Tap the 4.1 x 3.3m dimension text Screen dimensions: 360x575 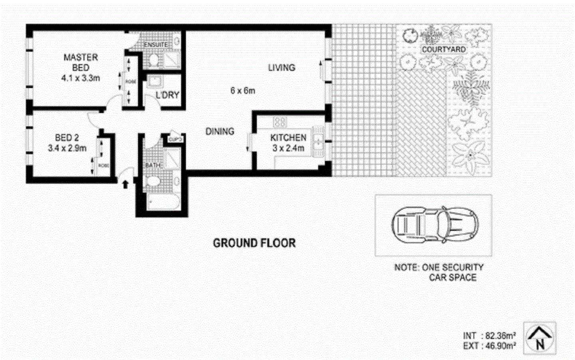tap(81, 78)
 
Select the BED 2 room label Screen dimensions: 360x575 tap(67, 138)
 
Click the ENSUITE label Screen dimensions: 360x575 tap(156, 45)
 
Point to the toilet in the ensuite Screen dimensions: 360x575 tap(153, 61)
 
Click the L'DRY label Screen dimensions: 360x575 tap(167, 95)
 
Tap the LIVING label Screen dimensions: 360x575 tap(282, 67)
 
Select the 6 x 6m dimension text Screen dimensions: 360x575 tap(242, 91)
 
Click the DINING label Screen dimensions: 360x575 tap(220, 131)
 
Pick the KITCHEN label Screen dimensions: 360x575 tap(288, 138)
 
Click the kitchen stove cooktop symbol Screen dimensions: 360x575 tap(280, 122)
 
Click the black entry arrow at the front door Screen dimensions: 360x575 tap(125, 184)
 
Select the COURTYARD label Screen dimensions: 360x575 tap(444, 49)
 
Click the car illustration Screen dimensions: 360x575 tap(434, 225)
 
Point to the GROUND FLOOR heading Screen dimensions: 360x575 tap(254, 243)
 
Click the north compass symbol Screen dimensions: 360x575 tap(540, 338)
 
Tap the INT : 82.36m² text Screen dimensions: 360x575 tap(490, 335)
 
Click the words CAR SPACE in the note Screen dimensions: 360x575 tap(452, 277)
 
